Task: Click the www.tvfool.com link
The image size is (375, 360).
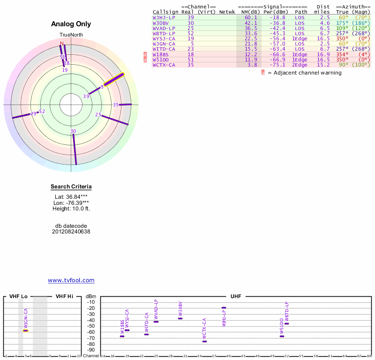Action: pyautogui.click(x=71, y=280)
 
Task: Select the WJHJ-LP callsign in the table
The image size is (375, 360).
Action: pyautogui.click(x=164, y=17)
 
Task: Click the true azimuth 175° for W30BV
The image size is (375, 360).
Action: pyautogui.click(x=342, y=22)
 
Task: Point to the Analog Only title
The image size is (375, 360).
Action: pyautogui.click(x=71, y=24)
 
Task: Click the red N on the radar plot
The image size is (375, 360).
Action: pyautogui.click(x=61, y=44)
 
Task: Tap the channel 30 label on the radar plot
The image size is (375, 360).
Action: pyautogui.click(x=73, y=131)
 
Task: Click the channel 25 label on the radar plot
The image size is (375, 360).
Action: pyautogui.click(x=98, y=114)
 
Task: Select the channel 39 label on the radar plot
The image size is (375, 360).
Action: pyautogui.click(x=86, y=96)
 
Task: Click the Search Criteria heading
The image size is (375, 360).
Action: pyautogui.click(x=71, y=187)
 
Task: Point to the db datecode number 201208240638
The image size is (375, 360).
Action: pyautogui.click(x=71, y=232)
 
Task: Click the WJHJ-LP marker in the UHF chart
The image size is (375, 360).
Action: pyautogui.click(x=224, y=307)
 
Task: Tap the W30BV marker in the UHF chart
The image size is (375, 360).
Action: pyautogui.click(x=180, y=318)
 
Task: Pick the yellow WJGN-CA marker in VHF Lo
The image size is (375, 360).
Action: pyautogui.click(x=26, y=330)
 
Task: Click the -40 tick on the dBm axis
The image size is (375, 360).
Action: pyautogui.click(x=91, y=320)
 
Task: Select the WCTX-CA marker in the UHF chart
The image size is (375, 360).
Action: pyautogui.click(x=204, y=341)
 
